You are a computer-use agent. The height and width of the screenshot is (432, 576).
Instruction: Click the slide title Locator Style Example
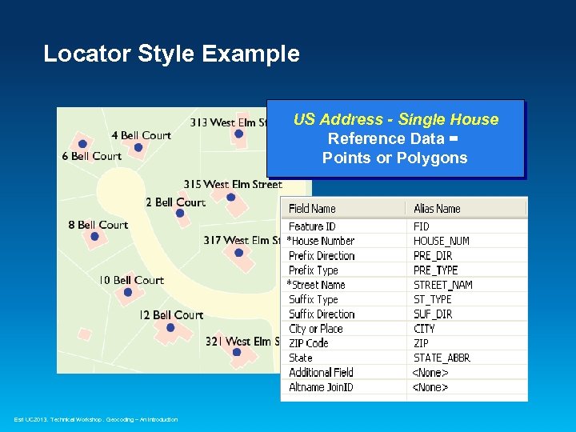click(171, 54)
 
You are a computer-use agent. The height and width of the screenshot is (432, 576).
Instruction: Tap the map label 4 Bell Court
click(141, 135)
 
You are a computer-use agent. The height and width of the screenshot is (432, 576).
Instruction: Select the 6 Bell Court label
click(91, 156)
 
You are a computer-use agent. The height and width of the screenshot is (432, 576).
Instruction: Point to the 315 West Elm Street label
click(232, 185)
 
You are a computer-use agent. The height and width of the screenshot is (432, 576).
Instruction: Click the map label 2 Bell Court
click(175, 202)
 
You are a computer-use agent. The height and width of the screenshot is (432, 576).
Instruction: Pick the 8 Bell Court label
click(98, 225)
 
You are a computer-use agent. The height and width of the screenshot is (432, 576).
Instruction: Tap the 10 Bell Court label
click(131, 280)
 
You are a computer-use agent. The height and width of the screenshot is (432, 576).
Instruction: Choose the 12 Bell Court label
click(171, 315)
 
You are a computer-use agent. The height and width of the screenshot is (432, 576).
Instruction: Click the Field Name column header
click(312, 209)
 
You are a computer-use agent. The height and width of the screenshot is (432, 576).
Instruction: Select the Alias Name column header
click(437, 209)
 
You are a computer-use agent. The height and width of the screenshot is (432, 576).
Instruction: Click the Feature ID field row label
click(312, 226)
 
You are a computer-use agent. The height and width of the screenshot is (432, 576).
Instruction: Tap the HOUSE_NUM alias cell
click(441, 241)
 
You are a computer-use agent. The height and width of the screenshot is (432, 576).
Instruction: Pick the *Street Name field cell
click(316, 285)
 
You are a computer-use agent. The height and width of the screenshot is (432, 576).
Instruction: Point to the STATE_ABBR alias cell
click(442, 358)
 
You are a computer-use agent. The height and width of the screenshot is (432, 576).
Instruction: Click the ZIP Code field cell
click(309, 343)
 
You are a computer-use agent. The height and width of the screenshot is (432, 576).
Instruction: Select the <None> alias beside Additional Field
click(430, 372)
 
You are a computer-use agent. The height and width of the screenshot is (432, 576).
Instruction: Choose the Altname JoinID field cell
click(321, 387)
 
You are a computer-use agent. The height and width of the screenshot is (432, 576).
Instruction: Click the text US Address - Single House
click(395, 120)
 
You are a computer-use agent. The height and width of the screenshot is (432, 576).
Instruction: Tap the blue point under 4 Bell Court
click(138, 147)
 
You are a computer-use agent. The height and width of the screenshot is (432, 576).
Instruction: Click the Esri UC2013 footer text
click(96, 419)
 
